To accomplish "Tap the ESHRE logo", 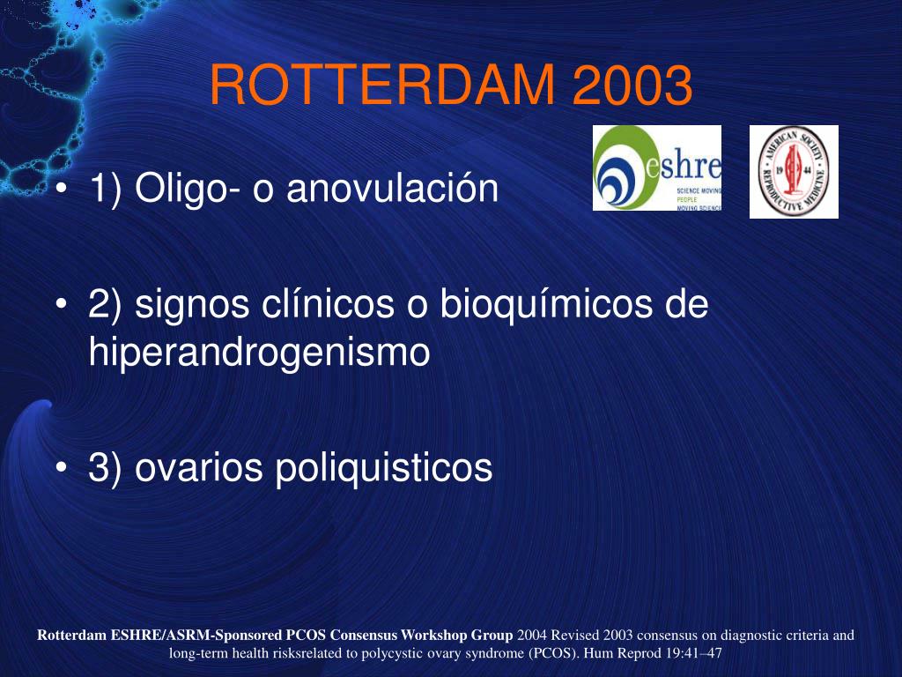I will (656, 168).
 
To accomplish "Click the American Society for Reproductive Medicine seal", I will (794, 172).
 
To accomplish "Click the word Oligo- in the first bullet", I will (189, 189).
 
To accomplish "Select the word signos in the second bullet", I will (195, 306).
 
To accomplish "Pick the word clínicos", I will (328, 305).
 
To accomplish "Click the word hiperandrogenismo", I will (259, 353).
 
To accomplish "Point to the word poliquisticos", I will (383, 467).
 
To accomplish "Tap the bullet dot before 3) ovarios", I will (61, 468).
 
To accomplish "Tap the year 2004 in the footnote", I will (532, 635).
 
